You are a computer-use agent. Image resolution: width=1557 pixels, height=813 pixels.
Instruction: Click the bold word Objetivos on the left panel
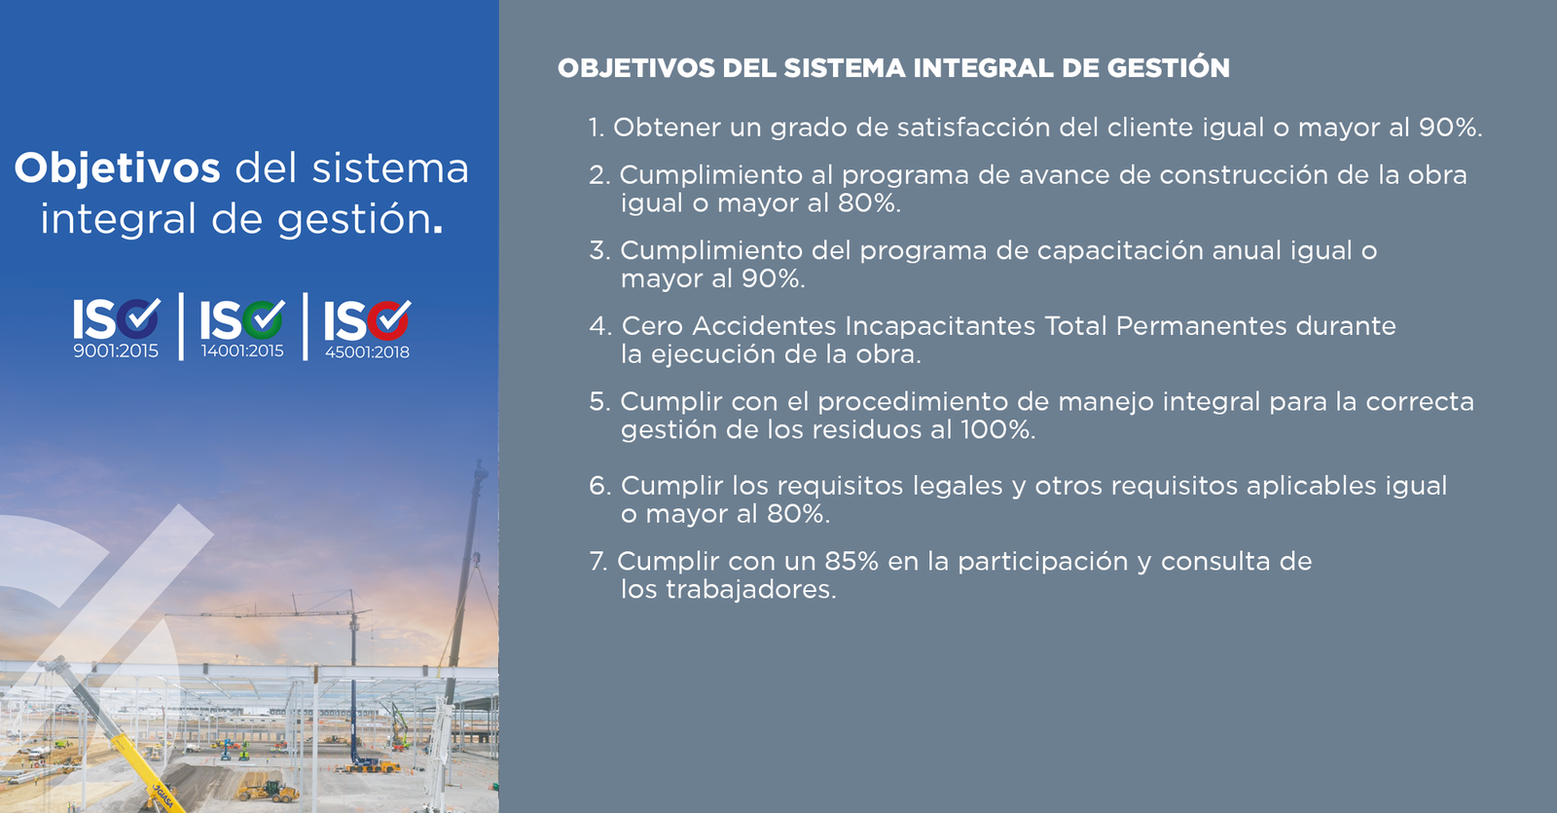[118, 168]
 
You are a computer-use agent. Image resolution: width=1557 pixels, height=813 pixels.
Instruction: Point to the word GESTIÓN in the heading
[1168, 68]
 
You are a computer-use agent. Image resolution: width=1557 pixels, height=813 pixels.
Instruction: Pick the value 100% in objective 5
[997, 429]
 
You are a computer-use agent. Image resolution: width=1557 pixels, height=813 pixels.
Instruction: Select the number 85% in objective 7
[851, 561]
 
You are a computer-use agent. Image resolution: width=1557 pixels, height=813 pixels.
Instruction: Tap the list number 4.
[598, 326]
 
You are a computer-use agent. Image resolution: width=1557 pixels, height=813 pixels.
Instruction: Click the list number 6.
[599, 486]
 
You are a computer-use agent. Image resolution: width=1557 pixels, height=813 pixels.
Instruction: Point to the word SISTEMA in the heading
[844, 68]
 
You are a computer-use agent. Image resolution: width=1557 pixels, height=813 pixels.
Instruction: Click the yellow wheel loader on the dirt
[270, 791]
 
